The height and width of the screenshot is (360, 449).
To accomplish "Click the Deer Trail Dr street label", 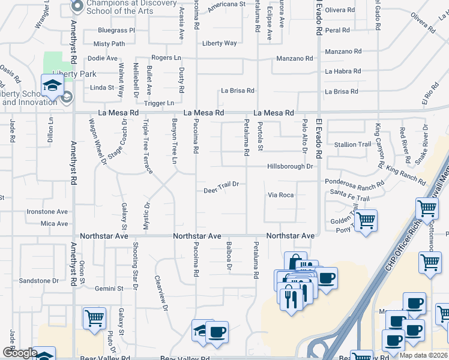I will coord(221,184).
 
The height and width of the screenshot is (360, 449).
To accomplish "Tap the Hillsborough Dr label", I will coord(291,166).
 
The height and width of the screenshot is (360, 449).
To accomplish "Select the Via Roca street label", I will coord(281,195).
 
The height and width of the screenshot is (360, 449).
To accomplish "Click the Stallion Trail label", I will coord(352,145).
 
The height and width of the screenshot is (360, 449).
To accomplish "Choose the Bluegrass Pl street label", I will coord(116,30).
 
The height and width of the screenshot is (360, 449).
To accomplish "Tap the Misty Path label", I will coord(109,44).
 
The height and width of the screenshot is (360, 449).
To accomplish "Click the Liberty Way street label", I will coord(219,43).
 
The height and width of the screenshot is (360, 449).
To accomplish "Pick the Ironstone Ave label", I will coord(47,212).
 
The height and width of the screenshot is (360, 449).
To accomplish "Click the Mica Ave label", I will coord(54,224).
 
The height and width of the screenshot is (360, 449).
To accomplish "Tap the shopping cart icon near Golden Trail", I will coord(366,220).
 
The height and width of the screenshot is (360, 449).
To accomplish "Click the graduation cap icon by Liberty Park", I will coord(52,85).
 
